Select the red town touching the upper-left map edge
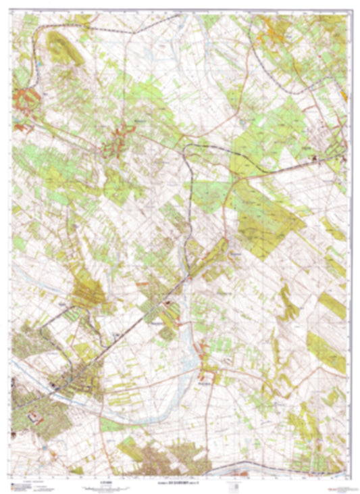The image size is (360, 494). [24, 101]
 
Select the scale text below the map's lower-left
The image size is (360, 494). [101, 482]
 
